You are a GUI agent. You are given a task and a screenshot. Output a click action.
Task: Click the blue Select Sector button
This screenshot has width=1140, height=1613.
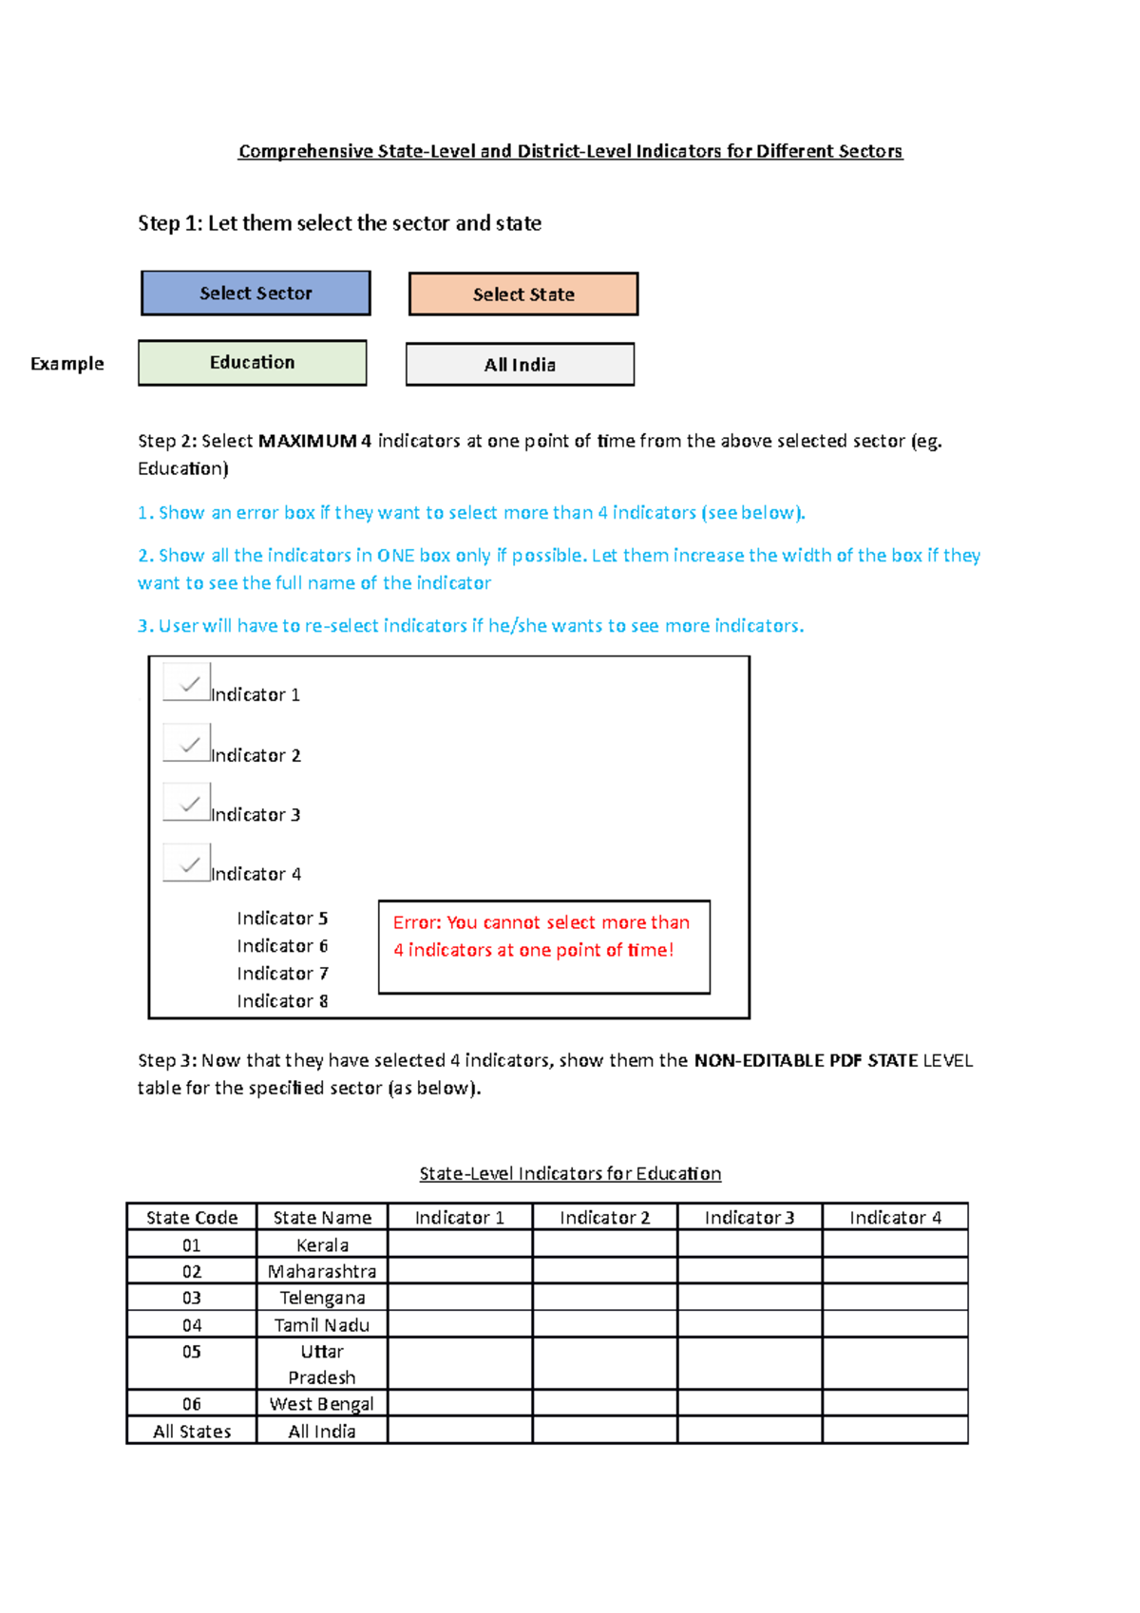click(256, 293)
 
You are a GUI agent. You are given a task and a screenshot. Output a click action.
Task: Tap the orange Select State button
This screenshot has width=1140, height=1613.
click(523, 294)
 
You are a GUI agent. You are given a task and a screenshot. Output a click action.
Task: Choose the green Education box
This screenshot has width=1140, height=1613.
click(253, 363)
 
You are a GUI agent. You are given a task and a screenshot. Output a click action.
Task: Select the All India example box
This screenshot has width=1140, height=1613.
click(520, 365)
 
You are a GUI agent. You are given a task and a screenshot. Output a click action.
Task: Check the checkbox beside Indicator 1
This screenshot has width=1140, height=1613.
click(186, 682)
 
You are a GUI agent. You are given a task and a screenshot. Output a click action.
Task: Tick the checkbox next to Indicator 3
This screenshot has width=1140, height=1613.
click(186, 803)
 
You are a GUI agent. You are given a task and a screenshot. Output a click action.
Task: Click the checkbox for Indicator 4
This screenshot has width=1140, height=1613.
click(186, 863)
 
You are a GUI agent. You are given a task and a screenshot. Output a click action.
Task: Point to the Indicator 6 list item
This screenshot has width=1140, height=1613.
click(282, 946)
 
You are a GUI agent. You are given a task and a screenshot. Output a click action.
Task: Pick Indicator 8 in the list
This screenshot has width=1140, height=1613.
click(282, 1001)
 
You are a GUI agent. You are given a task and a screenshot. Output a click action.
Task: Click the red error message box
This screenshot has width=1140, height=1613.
click(543, 947)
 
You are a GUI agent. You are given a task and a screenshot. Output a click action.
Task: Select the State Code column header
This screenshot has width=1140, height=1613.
click(192, 1218)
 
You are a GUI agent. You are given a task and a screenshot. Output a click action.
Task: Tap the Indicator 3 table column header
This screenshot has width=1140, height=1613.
click(750, 1218)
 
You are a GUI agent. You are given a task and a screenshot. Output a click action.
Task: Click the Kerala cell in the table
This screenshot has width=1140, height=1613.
click(322, 1245)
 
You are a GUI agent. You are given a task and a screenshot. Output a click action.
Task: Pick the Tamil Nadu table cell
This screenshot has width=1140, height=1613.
click(322, 1325)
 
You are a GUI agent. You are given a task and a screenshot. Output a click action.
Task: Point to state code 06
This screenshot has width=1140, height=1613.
click(192, 1404)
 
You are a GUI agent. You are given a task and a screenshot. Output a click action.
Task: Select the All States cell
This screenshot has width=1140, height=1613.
click(192, 1432)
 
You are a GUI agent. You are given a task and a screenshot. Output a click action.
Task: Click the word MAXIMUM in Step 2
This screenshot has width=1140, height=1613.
click(308, 441)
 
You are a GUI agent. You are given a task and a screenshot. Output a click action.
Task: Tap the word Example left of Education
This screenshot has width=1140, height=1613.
click(67, 364)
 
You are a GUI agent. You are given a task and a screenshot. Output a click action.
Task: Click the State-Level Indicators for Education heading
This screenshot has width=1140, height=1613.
click(570, 1174)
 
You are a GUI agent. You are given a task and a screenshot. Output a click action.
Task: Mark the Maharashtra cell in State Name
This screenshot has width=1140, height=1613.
click(322, 1272)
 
